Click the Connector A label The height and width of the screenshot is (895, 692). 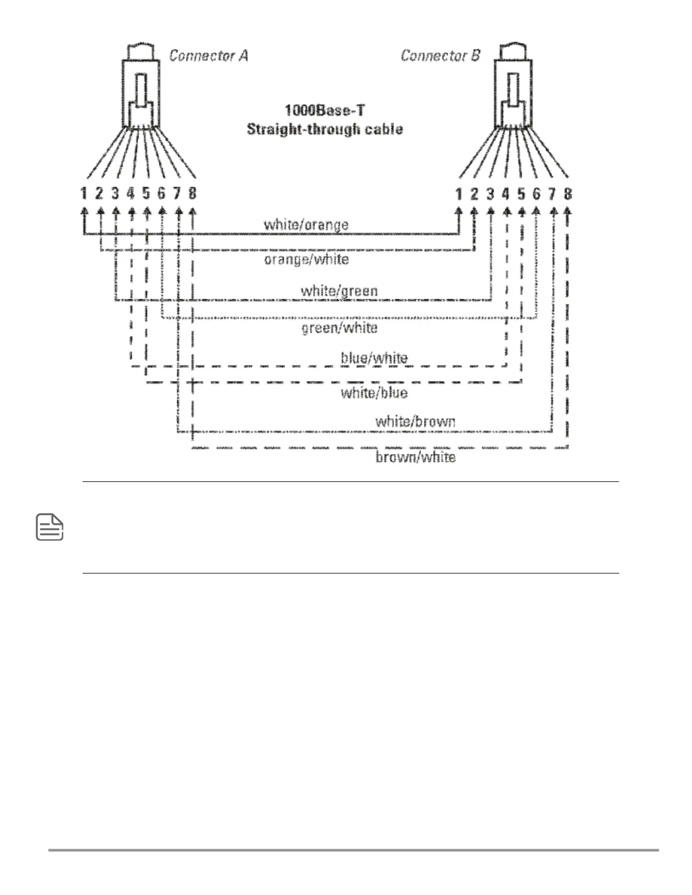pos(208,56)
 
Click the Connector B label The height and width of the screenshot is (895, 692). pos(440,56)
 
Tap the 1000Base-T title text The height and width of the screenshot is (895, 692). pos(325,109)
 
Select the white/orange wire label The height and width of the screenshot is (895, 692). pos(306,225)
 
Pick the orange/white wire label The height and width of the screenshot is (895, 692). pos(306,259)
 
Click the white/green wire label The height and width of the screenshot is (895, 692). pos(339,291)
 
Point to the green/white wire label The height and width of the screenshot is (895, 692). pos(339,328)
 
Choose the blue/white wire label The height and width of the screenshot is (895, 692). pos(374,358)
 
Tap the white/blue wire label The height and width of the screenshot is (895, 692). pos(374,393)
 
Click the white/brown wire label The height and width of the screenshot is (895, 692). pos(415,422)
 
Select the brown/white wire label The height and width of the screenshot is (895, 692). pos(415,457)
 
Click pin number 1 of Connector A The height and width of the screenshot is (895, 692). pos(84,194)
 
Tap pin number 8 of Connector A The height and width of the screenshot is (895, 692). pos(192,194)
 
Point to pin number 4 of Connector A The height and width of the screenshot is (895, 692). pos(131,194)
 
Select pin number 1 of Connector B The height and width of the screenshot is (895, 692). pos(459,194)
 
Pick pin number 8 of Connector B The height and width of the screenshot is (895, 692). pos(568,194)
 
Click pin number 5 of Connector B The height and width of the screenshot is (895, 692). pos(521,194)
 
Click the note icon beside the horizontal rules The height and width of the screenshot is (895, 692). pos(50,527)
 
